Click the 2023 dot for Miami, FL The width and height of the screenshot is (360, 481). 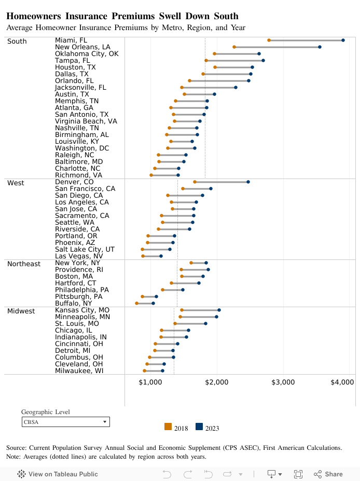click(343, 40)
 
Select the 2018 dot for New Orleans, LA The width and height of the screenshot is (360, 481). click(234, 47)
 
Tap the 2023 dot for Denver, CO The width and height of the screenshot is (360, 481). click(248, 182)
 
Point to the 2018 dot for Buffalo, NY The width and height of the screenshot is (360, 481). click(137, 303)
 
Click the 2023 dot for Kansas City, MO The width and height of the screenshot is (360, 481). click(219, 310)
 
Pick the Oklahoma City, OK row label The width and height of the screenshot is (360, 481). click(87, 53)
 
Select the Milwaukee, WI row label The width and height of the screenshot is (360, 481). click(80, 370)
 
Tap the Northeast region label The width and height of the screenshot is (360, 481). click(23, 264)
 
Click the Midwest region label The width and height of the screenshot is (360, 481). click(21, 311)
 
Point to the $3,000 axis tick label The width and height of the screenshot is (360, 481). click(283, 382)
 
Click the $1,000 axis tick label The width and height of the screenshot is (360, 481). click(150, 382)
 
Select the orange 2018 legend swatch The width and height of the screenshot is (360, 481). click(168, 427)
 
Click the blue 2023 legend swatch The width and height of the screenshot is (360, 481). click(199, 427)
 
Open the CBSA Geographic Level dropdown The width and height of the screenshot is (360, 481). click(65, 422)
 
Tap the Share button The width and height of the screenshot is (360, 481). click(328, 474)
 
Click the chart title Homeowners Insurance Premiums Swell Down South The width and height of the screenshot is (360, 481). click(122, 17)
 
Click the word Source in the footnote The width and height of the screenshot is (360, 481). click(17, 447)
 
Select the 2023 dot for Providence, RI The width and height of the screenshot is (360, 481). click(208, 269)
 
